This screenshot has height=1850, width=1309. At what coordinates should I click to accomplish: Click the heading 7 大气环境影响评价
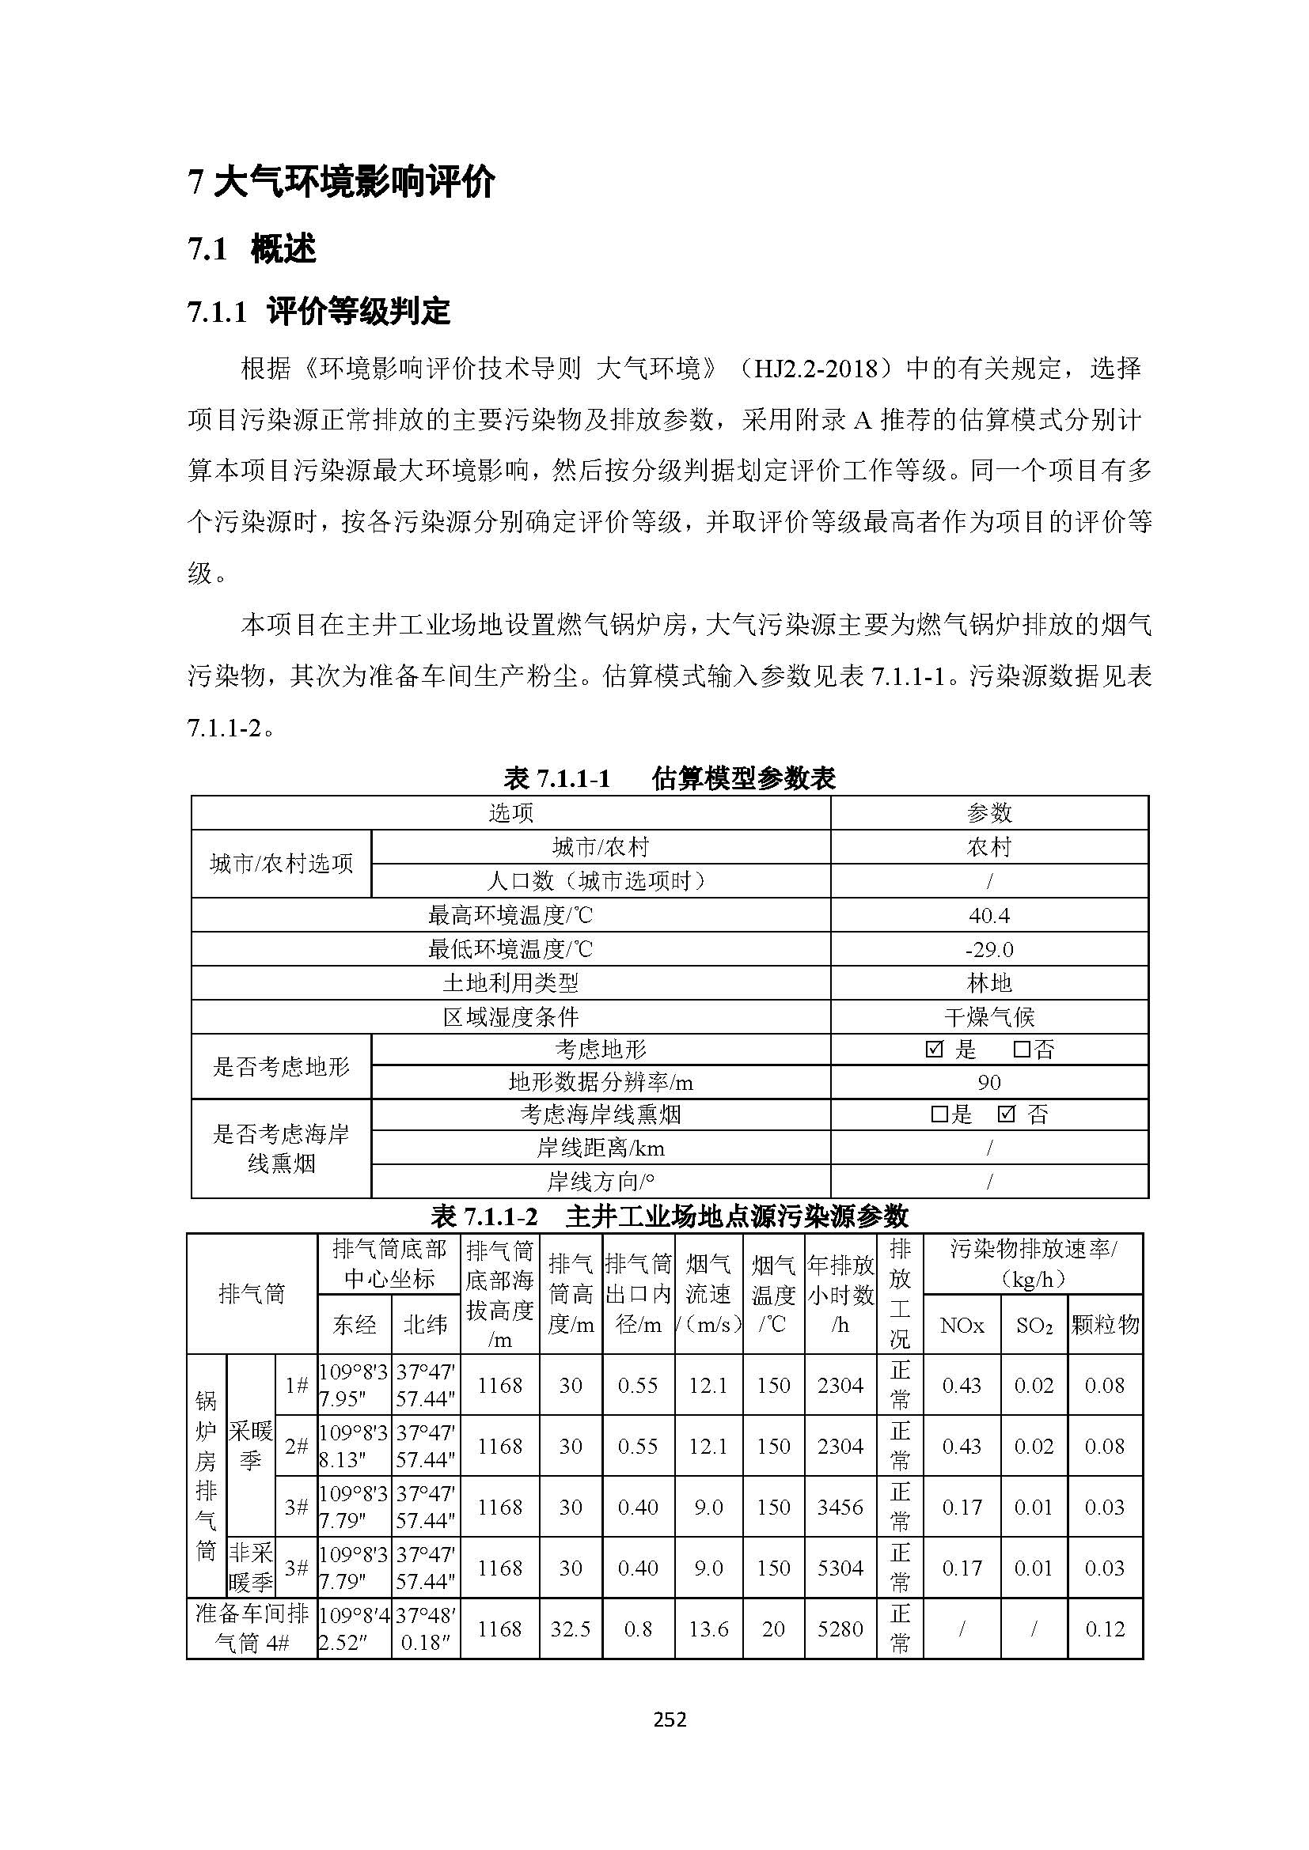[x=341, y=183]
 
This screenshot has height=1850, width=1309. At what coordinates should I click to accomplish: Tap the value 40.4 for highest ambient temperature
[x=989, y=915]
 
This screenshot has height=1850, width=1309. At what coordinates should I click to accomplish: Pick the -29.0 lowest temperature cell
[x=989, y=949]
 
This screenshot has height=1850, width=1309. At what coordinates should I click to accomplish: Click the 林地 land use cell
[x=989, y=983]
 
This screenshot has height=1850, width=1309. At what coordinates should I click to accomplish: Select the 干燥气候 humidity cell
[x=989, y=1017]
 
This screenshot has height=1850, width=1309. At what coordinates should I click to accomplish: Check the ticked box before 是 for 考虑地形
[x=935, y=1050]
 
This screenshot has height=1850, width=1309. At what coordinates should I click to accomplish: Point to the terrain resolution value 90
[x=989, y=1083]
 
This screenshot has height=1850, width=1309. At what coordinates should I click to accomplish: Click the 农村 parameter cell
[x=989, y=847]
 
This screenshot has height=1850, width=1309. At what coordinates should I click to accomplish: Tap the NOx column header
[x=962, y=1326]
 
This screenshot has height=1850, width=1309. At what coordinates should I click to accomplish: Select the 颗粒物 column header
[x=1105, y=1325]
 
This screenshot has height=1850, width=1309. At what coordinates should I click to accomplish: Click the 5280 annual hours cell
[x=840, y=1629]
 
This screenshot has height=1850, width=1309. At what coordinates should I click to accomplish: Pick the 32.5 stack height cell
[x=571, y=1629]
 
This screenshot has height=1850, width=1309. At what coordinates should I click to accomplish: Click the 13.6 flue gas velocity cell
[x=708, y=1629]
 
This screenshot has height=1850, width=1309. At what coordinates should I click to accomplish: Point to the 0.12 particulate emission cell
[x=1104, y=1629]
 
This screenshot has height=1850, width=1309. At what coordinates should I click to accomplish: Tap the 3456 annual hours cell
[x=840, y=1507]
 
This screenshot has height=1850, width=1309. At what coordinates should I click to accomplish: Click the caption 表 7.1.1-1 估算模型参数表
[x=669, y=778]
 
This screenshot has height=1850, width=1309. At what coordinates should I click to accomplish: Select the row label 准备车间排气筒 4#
[x=252, y=1629]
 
